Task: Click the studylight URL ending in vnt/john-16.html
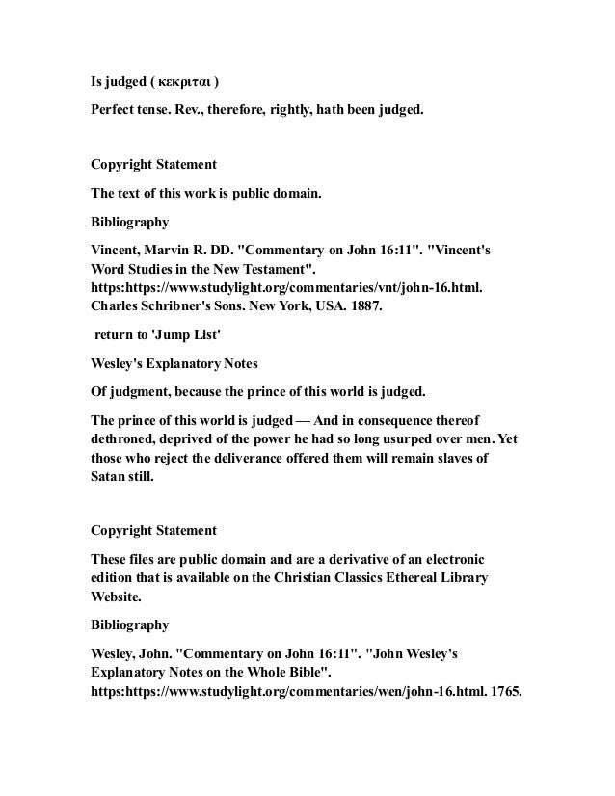pyautogui.click(x=285, y=286)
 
